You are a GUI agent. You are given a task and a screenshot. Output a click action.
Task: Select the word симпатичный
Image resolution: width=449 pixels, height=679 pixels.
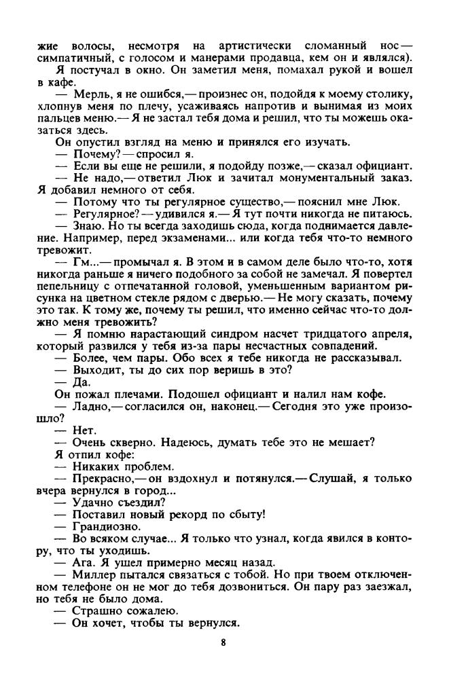(x=72, y=58)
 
